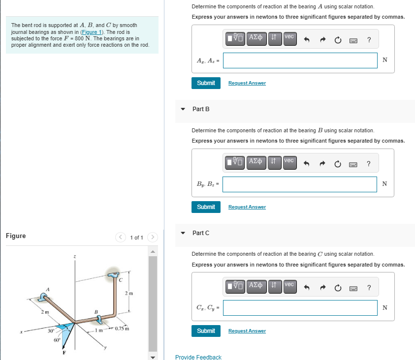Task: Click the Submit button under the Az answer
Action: [x=206, y=83]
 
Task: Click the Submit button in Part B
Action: [x=206, y=207]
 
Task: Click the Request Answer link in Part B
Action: [x=247, y=207]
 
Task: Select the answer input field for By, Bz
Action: [x=300, y=184]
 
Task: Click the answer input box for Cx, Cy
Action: [x=300, y=308]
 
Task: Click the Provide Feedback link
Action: [x=198, y=357]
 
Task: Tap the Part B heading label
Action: [x=201, y=109]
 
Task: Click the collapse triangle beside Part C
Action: [x=183, y=233]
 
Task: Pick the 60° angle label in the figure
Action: [x=57, y=340]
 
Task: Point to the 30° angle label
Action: [x=50, y=331]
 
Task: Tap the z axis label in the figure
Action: [x=74, y=256]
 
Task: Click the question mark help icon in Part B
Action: [x=369, y=164]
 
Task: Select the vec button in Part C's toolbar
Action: [x=289, y=284]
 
